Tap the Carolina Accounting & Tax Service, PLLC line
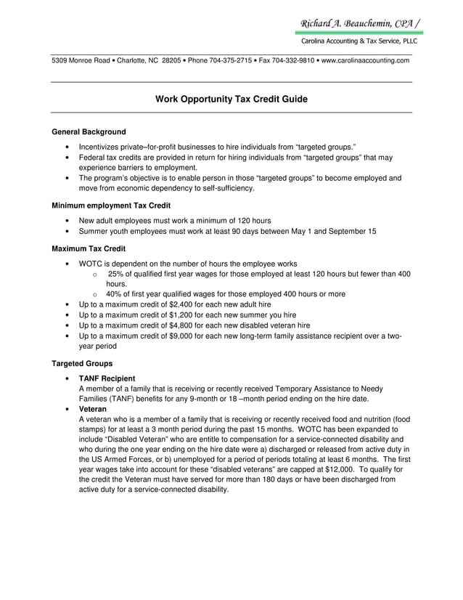[359, 41]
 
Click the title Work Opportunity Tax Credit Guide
[231, 99]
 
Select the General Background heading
[89, 132]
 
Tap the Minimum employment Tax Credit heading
[111, 206]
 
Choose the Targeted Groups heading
[82, 363]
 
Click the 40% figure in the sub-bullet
[115, 294]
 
